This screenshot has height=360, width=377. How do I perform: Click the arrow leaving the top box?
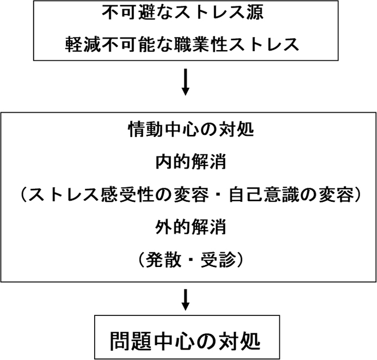click(x=186, y=82)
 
